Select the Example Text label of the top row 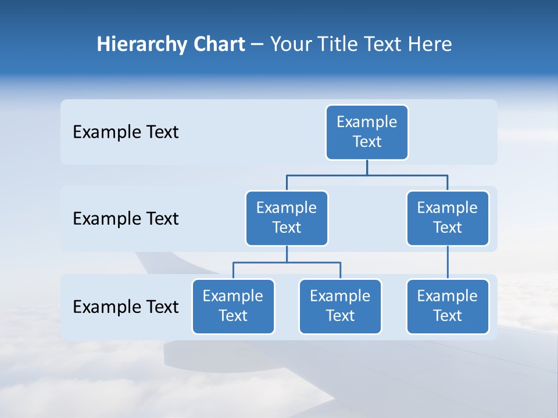126,132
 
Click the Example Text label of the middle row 126,219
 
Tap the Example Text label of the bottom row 126,307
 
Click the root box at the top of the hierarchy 367,132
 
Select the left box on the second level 287,218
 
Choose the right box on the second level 448,218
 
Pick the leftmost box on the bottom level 233,307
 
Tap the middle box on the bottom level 340,307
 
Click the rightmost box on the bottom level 448,307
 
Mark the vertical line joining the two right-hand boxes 448,262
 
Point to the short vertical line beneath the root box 367,167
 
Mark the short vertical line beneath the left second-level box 287,254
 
